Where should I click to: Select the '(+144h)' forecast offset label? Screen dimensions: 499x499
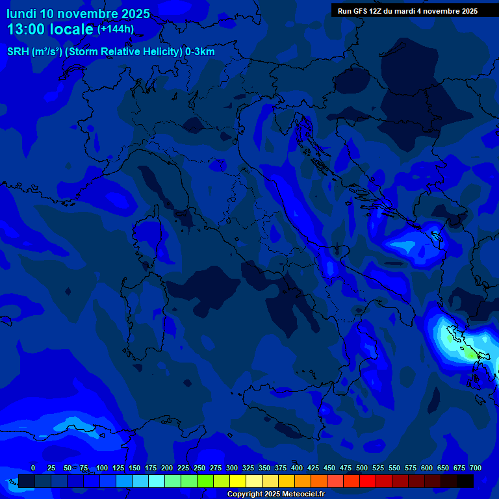point(115,29)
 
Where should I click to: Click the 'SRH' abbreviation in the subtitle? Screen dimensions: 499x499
point(18,52)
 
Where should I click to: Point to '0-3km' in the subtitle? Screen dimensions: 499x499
point(199,52)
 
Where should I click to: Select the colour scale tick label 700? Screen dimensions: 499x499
point(475,468)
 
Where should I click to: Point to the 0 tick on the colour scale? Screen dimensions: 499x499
point(33,468)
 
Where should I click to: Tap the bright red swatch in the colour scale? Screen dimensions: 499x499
point(368,481)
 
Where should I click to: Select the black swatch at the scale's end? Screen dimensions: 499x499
point(465,481)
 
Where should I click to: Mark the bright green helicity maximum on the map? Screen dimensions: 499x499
point(469,355)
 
